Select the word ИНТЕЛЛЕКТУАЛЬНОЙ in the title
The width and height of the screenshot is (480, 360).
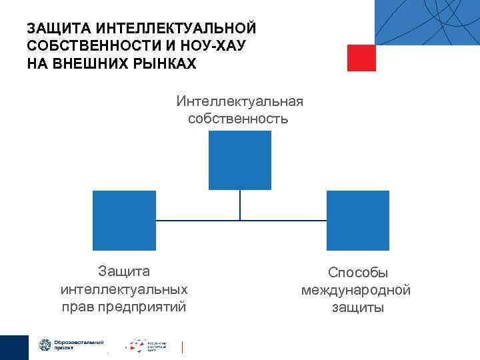(176, 29)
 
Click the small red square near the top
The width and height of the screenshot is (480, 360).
(361, 57)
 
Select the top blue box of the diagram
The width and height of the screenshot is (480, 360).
(240, 160)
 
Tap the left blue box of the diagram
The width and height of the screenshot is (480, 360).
(124, 221)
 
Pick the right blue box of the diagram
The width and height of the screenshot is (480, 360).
(358, 221)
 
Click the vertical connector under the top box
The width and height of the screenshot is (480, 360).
(240, 205)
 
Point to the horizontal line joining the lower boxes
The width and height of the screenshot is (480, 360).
(200, 220)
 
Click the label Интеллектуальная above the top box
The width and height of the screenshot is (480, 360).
(240, 101)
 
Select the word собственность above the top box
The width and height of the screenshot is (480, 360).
(238, 119)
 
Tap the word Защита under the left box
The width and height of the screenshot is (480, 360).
(124, 272)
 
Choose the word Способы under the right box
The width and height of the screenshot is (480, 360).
(358, 273)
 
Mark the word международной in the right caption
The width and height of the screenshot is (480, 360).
(356, 290)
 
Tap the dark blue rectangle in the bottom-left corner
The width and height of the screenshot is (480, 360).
(14, 347)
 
